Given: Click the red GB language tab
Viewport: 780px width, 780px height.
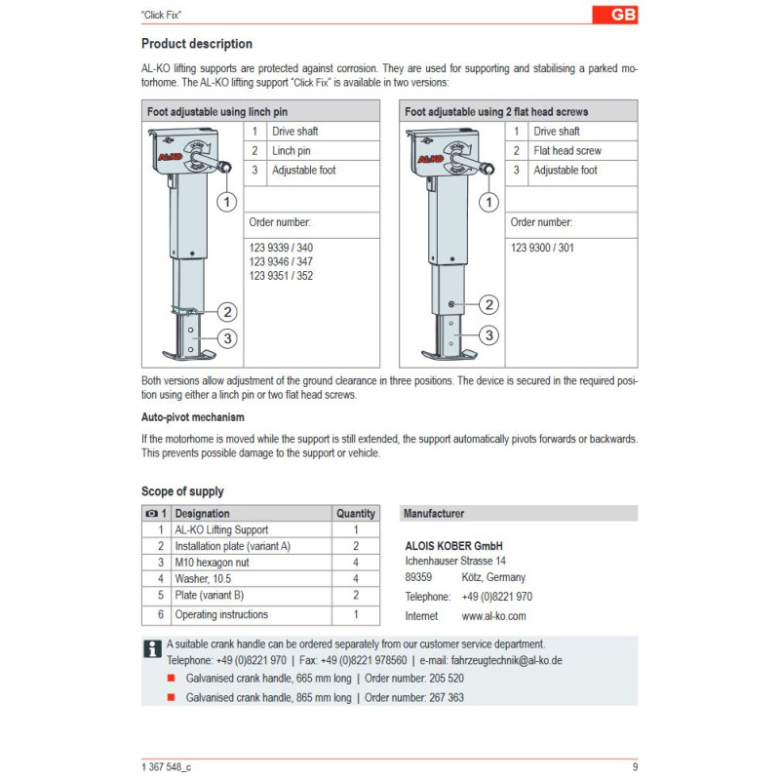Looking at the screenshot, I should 615,15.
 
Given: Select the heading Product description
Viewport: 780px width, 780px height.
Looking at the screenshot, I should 196,44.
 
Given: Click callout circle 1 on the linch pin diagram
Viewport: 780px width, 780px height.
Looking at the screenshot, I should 226,202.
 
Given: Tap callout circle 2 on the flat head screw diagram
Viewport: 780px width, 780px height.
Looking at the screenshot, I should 489,304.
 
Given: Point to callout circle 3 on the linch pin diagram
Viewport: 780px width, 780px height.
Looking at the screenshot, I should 226,338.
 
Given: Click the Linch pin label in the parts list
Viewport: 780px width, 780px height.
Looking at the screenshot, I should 291,151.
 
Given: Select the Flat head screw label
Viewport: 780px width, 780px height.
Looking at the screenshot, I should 566,151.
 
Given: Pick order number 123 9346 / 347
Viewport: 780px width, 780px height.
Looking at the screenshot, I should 281,261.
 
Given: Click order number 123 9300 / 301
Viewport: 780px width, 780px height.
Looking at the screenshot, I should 542,248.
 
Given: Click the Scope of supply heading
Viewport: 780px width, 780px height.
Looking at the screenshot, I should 182,491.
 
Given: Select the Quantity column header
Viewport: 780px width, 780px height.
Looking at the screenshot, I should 355,513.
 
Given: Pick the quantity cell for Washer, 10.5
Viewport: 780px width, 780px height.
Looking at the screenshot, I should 355,579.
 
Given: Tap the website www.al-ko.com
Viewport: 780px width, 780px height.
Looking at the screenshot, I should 493,616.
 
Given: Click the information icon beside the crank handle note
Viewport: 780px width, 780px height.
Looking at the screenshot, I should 152,649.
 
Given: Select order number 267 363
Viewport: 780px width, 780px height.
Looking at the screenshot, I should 441,698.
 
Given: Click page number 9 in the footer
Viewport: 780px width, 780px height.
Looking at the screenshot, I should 635,766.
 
